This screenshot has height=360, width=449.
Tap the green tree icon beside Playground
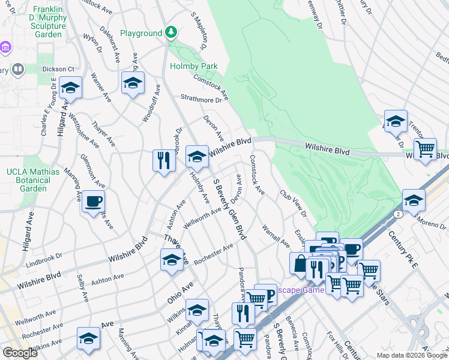(x=171, y=32)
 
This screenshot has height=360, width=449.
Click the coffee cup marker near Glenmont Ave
(x=93, y=202)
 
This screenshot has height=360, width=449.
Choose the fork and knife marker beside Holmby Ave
(x=163, y=160)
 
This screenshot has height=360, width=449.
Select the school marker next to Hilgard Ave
(x=70, y=88)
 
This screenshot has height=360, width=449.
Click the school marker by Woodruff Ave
(x=133, y=83)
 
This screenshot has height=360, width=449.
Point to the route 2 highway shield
(x=397, y=214)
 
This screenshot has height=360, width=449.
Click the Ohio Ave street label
(x=180, y=290)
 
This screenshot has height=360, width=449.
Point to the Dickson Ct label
(x=58, y=69)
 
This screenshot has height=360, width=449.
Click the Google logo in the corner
(x=20, y=352)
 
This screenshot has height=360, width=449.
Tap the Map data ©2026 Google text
(x=411, y=355)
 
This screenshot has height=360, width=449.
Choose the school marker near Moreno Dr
(x=413, y=200)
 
